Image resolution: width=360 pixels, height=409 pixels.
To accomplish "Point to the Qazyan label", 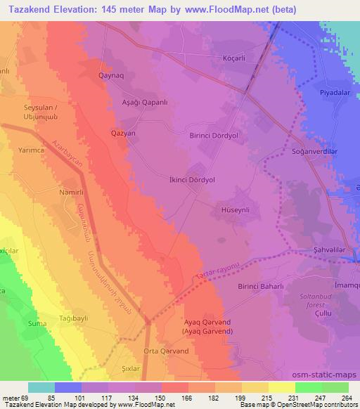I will point(123,132).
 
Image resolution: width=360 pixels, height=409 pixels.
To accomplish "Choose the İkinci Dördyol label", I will point(191,180).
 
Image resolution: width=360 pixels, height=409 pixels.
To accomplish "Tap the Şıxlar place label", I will point(132,368).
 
